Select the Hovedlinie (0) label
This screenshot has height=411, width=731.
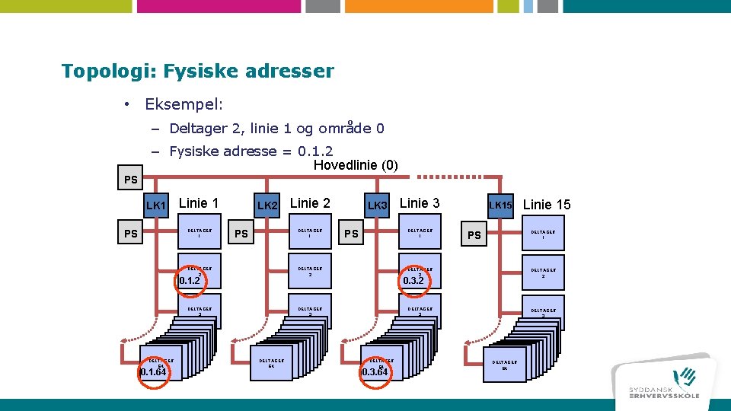(356, 165)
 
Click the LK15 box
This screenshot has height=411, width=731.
(501, 205)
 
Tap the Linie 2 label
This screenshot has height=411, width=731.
(310, 203)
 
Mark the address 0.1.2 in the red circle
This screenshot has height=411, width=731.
(189, 280)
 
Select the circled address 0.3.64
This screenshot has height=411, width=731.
(375, 371)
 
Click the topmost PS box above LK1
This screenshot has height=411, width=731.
(131, 180)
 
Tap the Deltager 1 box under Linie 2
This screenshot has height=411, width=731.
(310, 233)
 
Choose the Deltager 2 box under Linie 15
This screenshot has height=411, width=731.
(544, 272)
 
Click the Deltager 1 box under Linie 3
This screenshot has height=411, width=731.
(420, 233)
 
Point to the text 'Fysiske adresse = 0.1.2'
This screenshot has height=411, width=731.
(251, 151)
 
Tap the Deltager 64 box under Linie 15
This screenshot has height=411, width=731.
(505, 365)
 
